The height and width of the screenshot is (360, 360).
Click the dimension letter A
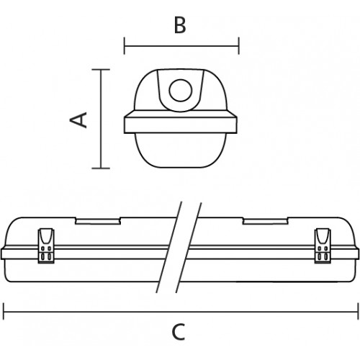pos(78,120)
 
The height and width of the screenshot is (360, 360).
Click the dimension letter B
pos(180,25)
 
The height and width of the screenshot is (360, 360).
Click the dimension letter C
pos(179,332)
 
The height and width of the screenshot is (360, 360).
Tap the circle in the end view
pos(181,91)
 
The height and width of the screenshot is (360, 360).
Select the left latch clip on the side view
pos(46,246)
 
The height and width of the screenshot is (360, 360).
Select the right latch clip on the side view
pos(323,246)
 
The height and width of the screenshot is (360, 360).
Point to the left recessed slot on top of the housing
pos(98,221)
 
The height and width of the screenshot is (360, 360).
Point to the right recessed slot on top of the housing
pos(265,221)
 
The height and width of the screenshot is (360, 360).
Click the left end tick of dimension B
pos(125,45)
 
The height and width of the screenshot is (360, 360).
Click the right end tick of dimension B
pos(238,45)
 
